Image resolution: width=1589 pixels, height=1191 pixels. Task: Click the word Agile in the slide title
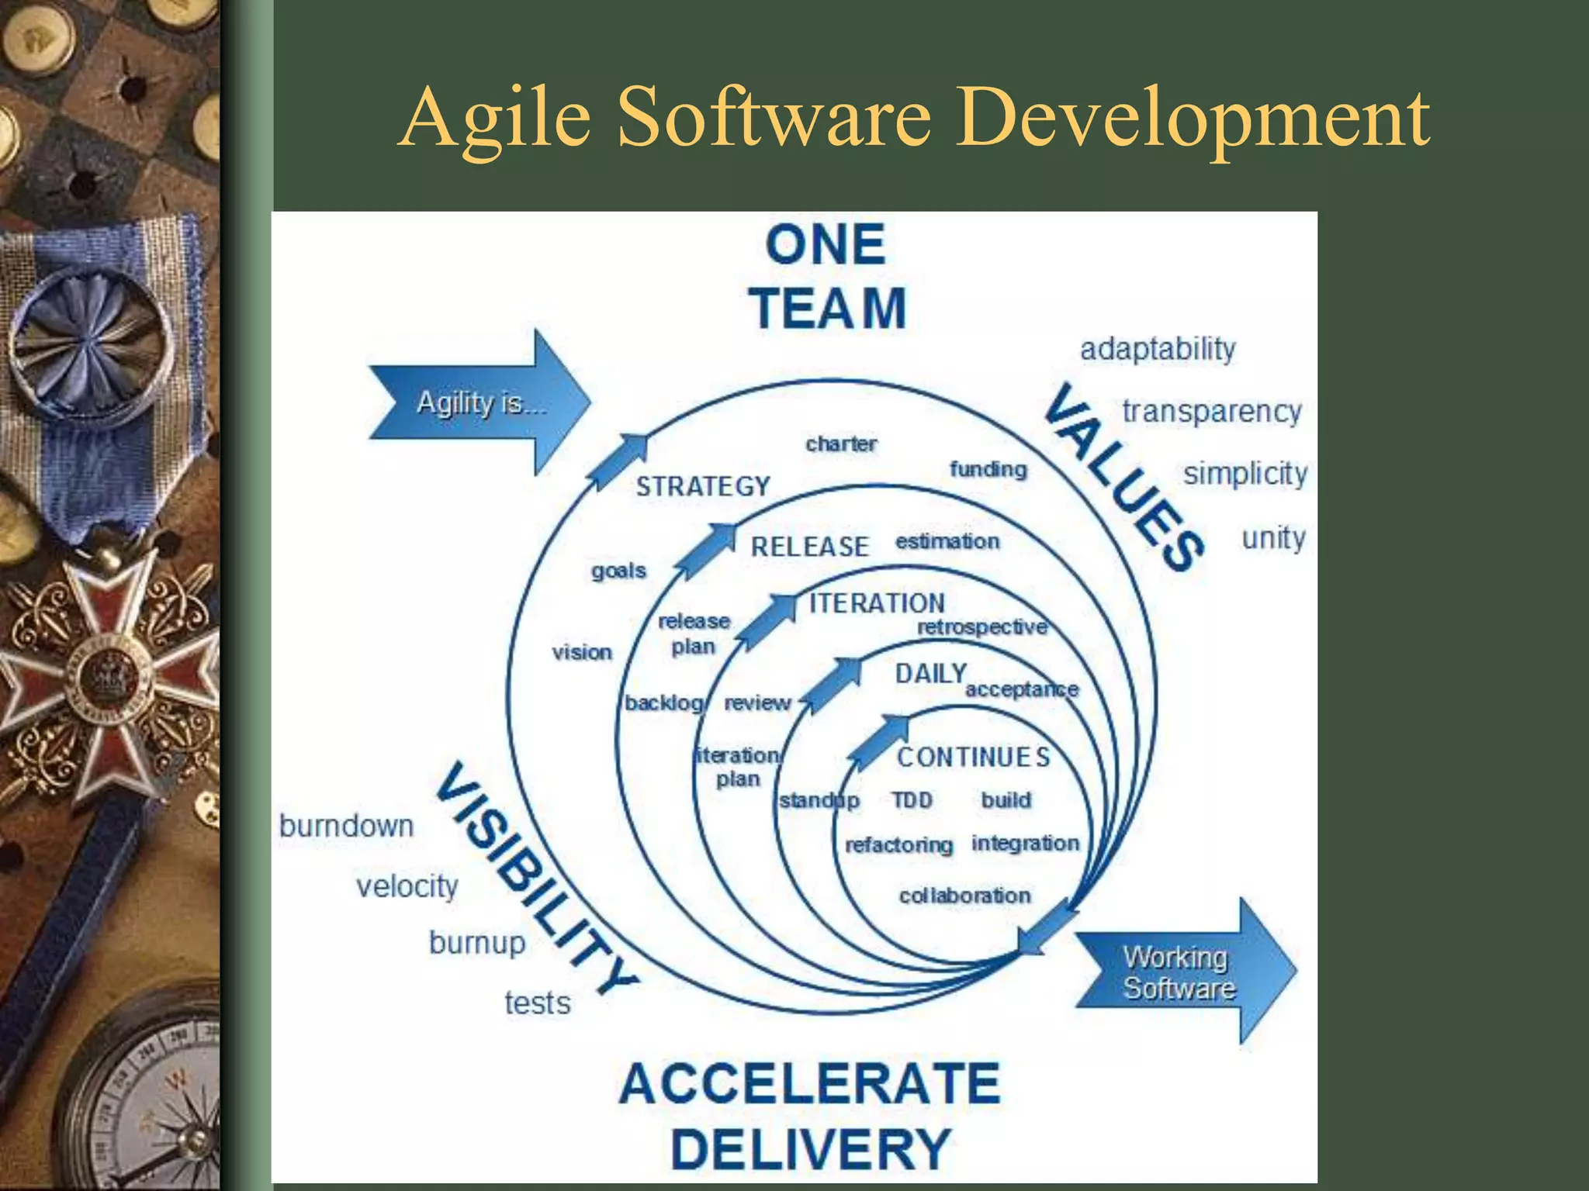coord(497,119)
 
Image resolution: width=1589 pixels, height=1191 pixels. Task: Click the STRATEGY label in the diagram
coord(703,487)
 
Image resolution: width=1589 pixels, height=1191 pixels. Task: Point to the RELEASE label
coord(809,547)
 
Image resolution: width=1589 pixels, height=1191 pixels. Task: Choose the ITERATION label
coord(877,603)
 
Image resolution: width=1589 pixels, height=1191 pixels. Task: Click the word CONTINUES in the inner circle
coord(973,757)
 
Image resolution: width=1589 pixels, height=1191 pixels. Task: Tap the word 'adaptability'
coord(1158,350)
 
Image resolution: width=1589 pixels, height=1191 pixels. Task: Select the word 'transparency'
coord(1211,412)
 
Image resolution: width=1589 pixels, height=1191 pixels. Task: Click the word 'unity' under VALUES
coord(1273,537)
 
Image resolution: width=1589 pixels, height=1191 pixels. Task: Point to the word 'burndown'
coord(346,826)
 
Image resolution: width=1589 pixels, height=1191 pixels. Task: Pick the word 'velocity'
coord(407,886)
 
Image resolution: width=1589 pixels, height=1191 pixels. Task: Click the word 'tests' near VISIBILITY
coord(537,1003)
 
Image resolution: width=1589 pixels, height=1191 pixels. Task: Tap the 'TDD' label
coord(912,799)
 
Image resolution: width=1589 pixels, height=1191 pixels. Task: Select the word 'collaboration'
coord(964,896)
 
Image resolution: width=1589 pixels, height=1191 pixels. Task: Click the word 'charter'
coord(841,444)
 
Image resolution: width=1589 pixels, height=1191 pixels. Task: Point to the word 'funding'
coord(988,469)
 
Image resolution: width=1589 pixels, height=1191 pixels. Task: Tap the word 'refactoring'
coord(898,844)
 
